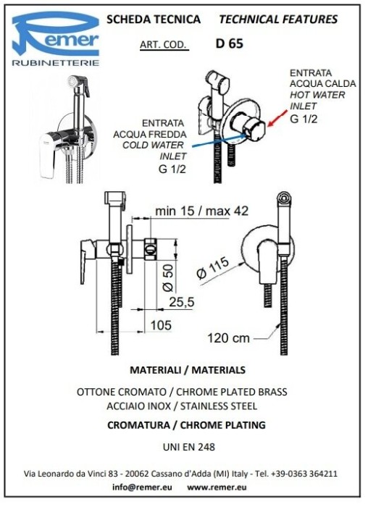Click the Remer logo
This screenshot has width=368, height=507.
pos(56,38)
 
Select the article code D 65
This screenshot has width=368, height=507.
pos(229,43)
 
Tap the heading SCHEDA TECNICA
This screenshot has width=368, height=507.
pos(154,20)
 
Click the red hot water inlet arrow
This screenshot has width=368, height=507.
pos(277,117)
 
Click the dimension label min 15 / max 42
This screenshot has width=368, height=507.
pos(202,211)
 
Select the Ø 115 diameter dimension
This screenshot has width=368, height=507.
pos(213,267)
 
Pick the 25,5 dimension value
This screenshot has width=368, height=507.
pos(182,302)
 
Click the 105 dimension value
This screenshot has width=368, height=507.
pos(161,325)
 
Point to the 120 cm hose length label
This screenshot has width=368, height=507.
pos(229,338)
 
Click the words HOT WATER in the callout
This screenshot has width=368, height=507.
pos(317,95)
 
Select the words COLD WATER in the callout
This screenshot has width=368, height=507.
pos(153,145)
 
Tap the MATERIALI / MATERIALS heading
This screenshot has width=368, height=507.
pos(188,370)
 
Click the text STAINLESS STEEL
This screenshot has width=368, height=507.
pos(219,406)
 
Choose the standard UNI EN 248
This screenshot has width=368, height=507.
pos(189,447)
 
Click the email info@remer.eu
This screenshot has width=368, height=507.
pos(142,487)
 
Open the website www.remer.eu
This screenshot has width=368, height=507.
pos(217,487)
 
